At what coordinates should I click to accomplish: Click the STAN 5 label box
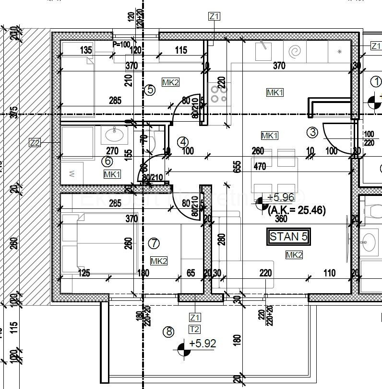pyautogui.click(x=288, y=237)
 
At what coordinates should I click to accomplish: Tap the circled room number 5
pyautogui.click(x=150, y=90)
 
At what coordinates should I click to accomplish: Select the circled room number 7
pyautogui.click(x=154, y=243)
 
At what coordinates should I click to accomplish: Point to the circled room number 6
pyautogui.click(x=108, y=161)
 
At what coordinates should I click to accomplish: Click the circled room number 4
pyautogui.click(x=182, y=142)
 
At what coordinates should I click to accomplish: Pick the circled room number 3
pyautogui.click(x=312, y=132)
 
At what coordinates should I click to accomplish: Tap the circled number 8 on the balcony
pyautogui.click(x=168, y=332)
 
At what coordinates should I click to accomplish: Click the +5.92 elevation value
pyautogui.click(x=203, y=343)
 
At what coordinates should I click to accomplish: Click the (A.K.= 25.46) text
pyautogui.click(x=297, y=210)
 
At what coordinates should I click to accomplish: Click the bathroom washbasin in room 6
pyautogui.click(x=115, y=135)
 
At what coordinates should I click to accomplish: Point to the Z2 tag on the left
pyautogui.click(x=35, y=142)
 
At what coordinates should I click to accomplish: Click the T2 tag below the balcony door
pyautogui.click(x=195, y=329)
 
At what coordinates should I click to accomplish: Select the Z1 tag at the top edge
pyautogui.click(x=214, y=17)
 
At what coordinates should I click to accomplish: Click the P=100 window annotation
pyautogui.click(x=121, y=45)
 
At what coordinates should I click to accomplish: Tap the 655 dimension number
pyautogui.click(x=237, y=165)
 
